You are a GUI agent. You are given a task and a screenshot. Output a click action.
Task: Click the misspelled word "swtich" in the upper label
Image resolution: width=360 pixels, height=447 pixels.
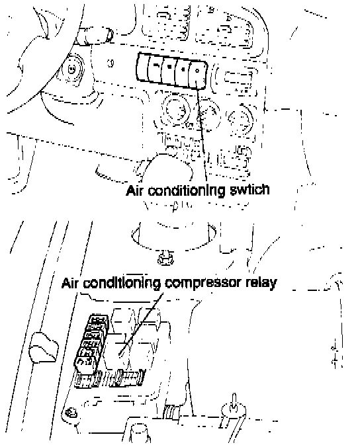coord(249,190)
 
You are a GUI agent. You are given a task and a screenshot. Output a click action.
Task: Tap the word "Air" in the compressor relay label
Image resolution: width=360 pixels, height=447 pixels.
coord(69,283)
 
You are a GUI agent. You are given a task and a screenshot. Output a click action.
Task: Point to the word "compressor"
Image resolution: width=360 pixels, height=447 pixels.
coord(203,284)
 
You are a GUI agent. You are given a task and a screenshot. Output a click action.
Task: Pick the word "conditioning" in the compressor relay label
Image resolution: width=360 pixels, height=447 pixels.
coord(122,284)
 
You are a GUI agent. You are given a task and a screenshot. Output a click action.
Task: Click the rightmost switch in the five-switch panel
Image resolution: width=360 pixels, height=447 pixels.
coord(198,75)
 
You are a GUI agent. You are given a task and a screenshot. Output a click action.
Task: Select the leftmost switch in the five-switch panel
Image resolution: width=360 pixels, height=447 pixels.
coord(142,67)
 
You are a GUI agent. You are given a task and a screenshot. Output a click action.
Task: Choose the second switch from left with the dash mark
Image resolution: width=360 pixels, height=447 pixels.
coord(156,69)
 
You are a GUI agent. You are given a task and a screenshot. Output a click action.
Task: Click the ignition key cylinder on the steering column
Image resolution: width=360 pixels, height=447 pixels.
coord(71,69)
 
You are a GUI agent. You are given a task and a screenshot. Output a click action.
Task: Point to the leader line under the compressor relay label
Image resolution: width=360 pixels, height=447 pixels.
coord(141,324)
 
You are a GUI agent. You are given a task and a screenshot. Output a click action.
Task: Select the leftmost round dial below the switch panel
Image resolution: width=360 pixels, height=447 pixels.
coord(175,109)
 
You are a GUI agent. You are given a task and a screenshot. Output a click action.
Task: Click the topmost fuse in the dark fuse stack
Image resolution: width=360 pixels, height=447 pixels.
coord(99,319)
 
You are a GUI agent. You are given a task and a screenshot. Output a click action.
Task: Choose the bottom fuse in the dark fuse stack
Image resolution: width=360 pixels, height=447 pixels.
coord(85,362)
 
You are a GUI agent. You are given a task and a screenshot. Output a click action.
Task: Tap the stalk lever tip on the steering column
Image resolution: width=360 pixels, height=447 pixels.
coord(110,35)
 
